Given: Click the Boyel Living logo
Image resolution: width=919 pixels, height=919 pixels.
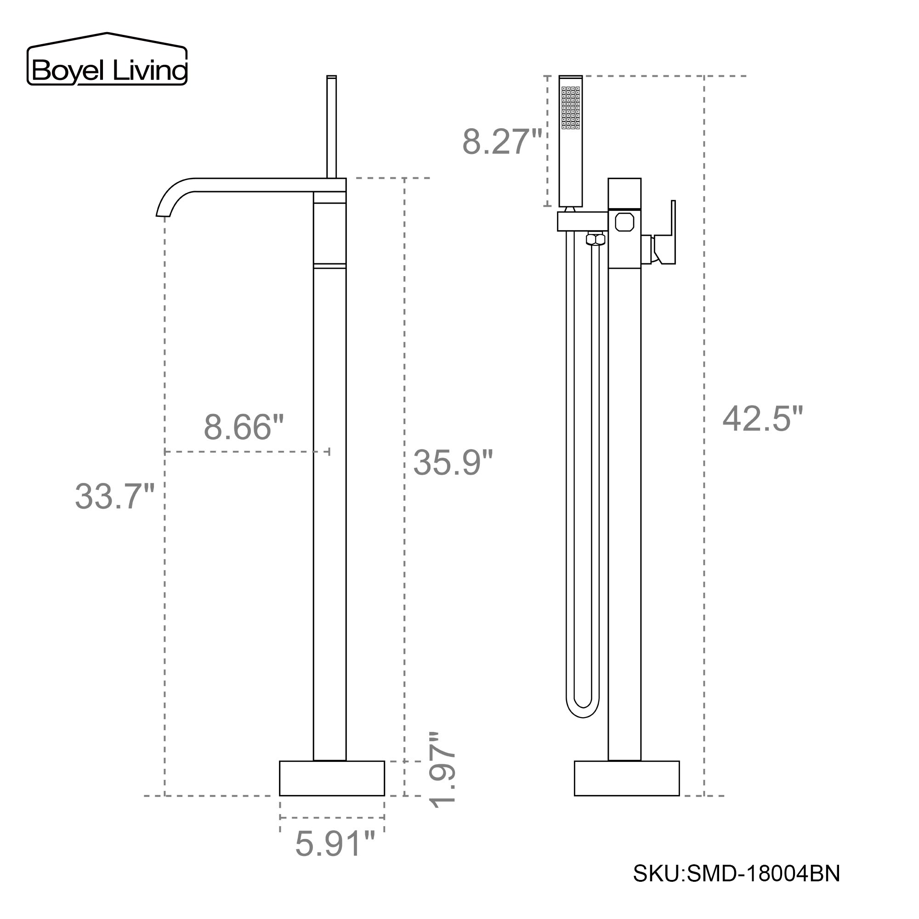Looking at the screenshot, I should (x=107, y=60).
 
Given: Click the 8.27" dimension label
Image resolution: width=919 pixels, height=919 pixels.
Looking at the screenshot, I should (x=502, y=142).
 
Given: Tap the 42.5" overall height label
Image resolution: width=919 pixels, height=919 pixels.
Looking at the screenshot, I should (x=762, y=419).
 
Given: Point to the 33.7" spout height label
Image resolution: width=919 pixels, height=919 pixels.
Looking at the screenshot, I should (x=114, y=496).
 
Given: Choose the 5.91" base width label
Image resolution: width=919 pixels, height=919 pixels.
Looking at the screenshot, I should (x=335, y=844).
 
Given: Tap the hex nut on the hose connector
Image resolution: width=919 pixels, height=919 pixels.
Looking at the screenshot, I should (x=596, y=239).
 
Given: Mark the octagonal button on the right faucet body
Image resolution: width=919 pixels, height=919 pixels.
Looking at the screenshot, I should (x=624, y=222).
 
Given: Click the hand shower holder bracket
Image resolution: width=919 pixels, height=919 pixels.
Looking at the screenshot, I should (x=582, y=221).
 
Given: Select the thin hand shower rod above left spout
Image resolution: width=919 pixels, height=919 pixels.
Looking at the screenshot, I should (x=332, y=126).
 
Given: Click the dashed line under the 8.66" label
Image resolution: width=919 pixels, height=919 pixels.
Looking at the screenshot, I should (x=246, y=451).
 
